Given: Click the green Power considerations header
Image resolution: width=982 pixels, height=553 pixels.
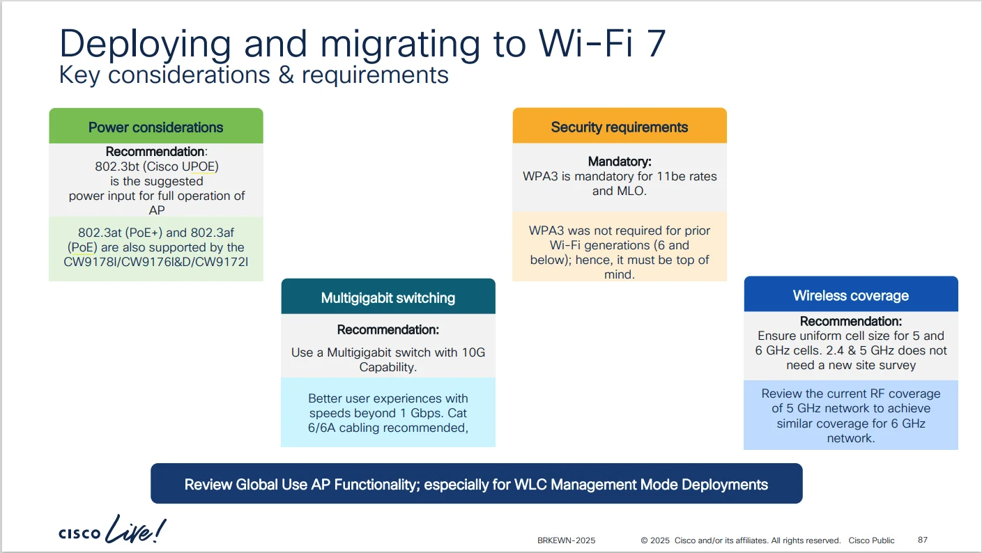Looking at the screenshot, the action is (x=156, y=126).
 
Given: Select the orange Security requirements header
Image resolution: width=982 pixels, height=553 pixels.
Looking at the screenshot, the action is (x=620, y=125).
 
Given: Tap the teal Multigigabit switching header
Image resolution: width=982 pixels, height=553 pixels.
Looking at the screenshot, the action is (x=388, y=296).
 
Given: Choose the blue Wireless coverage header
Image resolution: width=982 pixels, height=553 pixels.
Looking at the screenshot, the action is (x=851, y=294).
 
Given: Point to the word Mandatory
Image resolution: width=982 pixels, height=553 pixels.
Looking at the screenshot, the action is (x=620, y=162).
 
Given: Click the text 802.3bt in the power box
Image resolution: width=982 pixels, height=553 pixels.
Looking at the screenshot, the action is (x=116, y=166).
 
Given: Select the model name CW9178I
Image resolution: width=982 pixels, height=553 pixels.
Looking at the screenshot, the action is (x=87, y=262).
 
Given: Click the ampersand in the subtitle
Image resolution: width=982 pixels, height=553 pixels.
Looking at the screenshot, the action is (x=286, y=75).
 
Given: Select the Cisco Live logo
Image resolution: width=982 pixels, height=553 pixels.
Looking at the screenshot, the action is (x=112, y=530).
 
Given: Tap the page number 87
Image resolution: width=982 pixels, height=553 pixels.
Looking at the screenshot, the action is (x=922, y=540).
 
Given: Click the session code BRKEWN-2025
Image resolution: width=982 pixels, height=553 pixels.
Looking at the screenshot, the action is (x=567, y=540).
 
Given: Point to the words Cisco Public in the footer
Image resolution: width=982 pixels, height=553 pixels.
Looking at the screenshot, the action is (x=871, y=540).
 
